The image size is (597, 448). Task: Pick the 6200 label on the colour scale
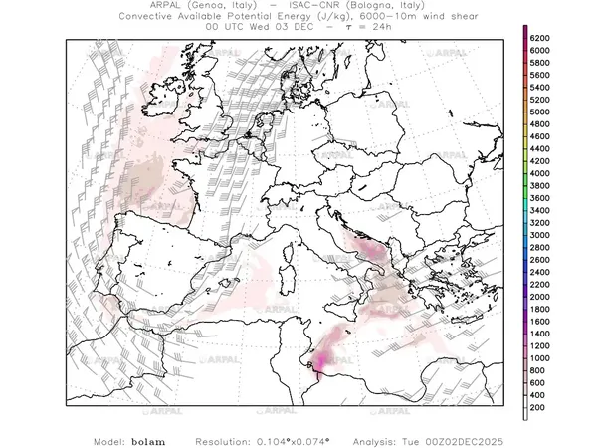pos(540,37)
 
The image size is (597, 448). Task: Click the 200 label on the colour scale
pos(537,407)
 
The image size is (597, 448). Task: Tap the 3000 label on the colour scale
pos(540,234)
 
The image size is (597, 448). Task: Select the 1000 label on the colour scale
pos(540,357)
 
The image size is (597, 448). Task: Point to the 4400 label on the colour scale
pos(540,148)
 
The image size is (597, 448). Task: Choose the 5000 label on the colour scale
pos(540,112)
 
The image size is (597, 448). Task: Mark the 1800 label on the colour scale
pos(540,309)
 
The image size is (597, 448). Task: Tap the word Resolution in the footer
pos(228,438)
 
